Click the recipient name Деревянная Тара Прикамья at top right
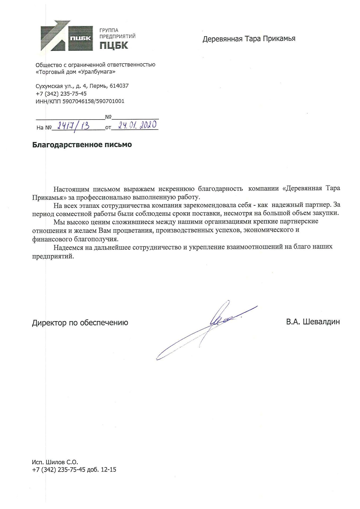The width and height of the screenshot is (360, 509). click(249, 39)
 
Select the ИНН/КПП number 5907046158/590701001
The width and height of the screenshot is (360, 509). click(93, 101)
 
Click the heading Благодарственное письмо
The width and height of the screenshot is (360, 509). click(82, 145)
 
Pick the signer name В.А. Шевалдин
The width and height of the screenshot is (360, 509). click(313, 322)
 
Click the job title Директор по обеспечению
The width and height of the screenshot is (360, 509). click(80, 323)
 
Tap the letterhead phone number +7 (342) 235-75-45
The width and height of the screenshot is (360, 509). click(61, 94)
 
